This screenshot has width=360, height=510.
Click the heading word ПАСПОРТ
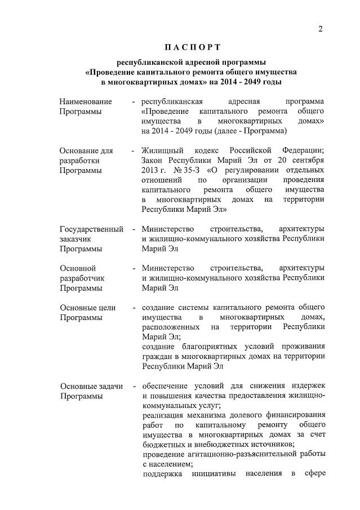tap(191, 46)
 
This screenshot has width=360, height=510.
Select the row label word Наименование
tap(86, 101)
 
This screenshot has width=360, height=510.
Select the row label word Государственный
tap(92, 229)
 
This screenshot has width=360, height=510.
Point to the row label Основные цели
tap(88, 308)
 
